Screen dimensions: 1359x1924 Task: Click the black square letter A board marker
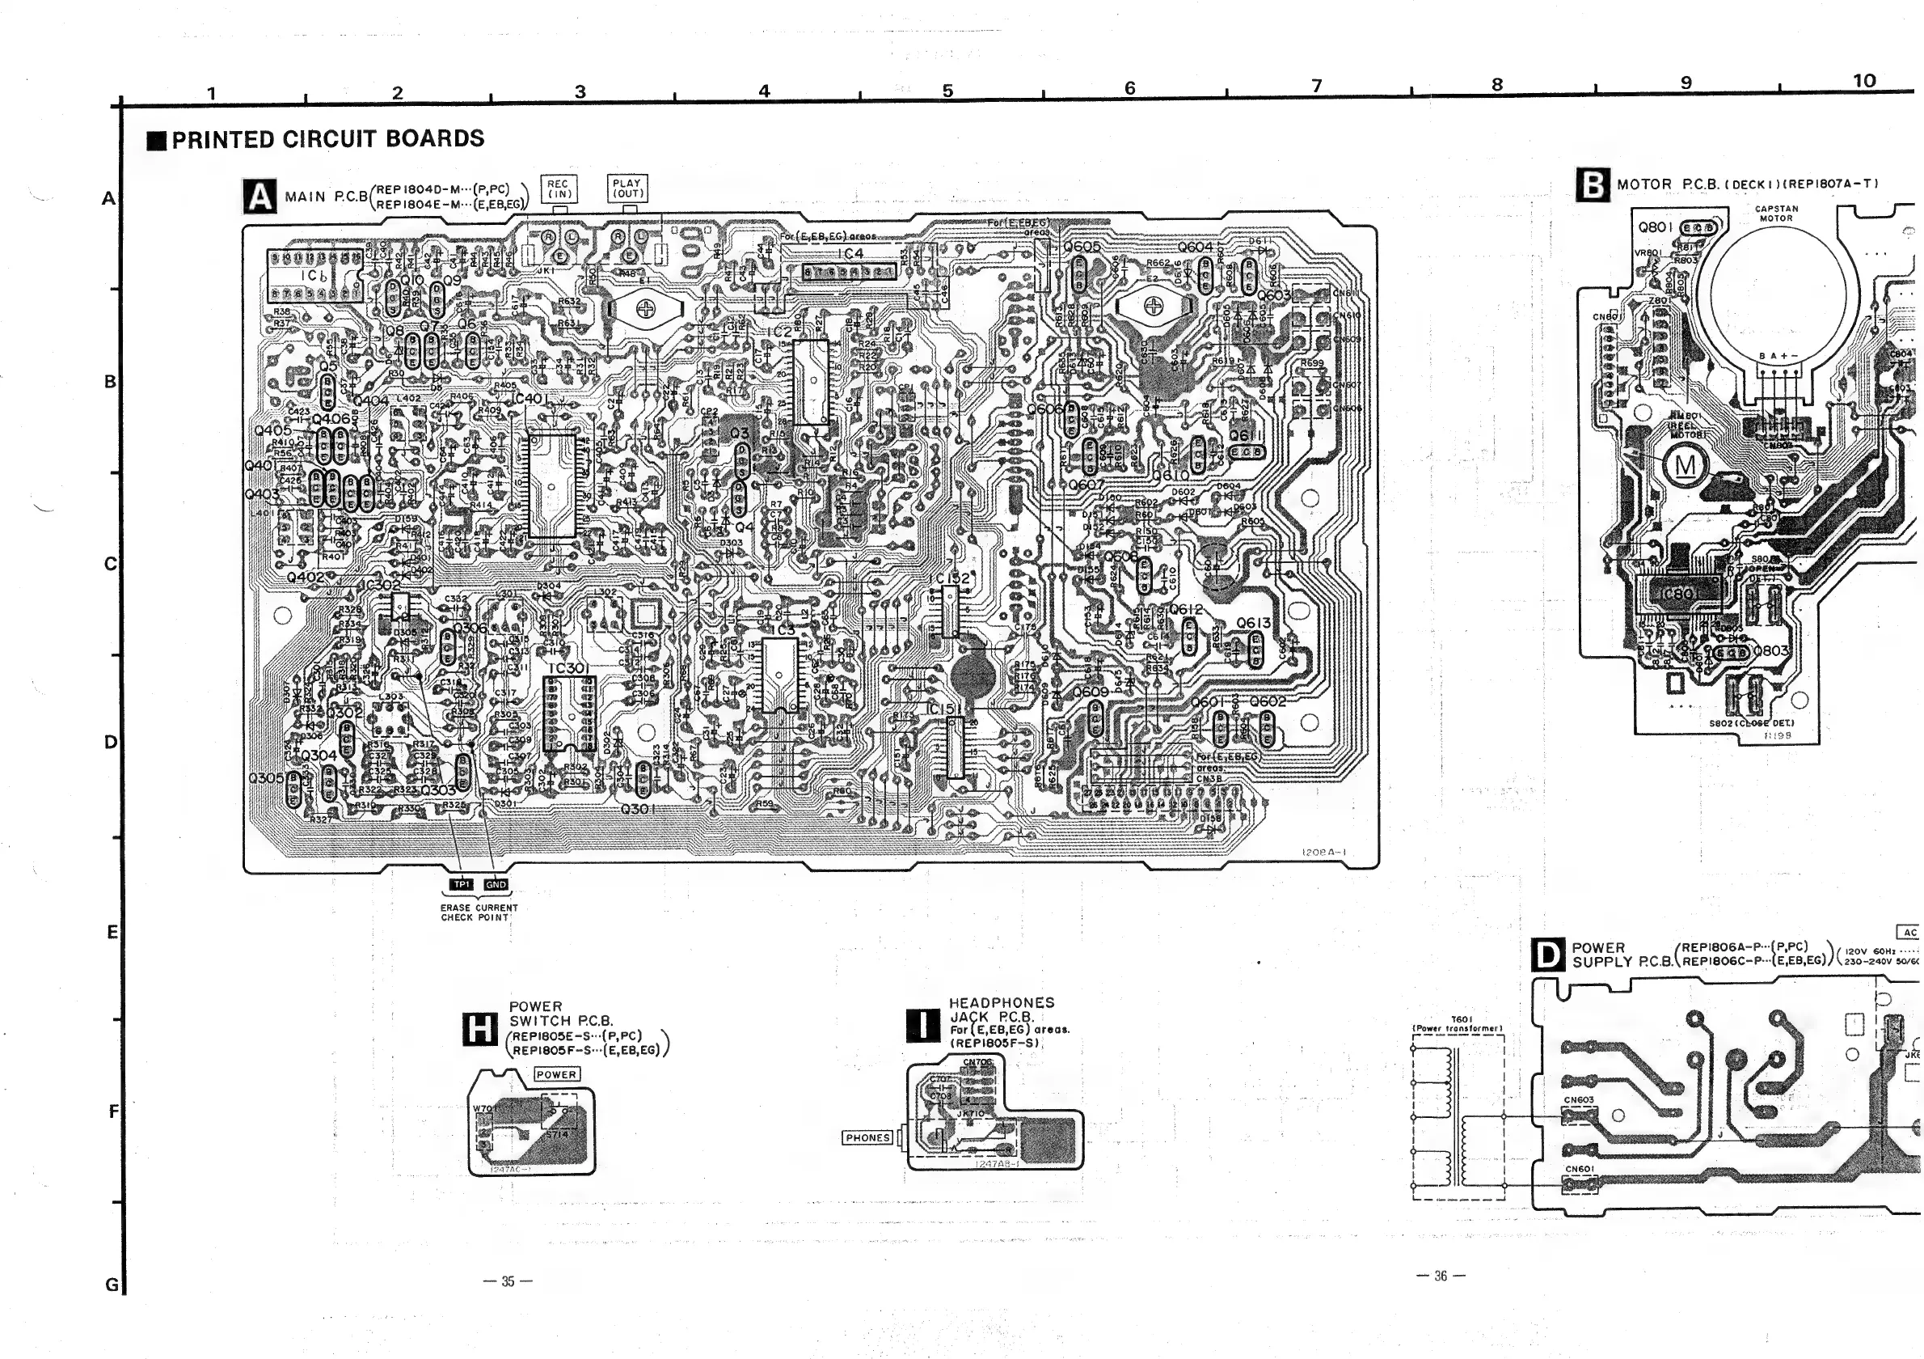point(259,197)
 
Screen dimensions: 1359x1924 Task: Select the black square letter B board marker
point(1593,185)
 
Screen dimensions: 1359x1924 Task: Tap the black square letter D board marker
point(1547,954)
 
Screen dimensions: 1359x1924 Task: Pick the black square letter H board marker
point(479,1029)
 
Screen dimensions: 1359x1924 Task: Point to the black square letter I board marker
point(922,1024)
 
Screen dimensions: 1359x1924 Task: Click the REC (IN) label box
point(557,188)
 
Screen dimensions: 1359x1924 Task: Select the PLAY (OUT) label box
point(627,188)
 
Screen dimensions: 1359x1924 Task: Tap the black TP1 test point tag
point(462,884)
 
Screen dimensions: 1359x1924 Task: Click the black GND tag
point(496,884)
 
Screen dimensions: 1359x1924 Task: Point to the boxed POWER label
point(556,1074)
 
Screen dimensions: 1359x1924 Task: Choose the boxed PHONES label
point(868,1137)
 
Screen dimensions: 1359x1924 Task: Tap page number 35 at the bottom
point(508,1281)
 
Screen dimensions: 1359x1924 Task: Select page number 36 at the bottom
point(1440,1276)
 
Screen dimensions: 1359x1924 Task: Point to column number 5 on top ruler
point(947,91)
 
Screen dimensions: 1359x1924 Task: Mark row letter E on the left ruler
point(112,931)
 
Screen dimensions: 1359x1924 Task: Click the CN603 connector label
point(1579,1099)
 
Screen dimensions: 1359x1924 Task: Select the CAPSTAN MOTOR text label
point(1776,213)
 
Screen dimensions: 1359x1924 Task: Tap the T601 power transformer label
point(1458,1023)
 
